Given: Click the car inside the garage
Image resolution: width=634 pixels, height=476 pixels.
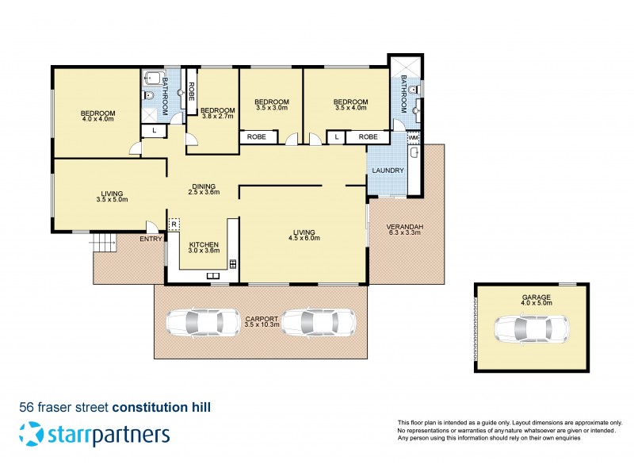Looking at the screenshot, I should point(532,328).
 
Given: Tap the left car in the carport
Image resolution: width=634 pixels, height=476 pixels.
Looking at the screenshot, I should point(203,322).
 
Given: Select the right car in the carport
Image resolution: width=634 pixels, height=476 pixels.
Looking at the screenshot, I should point(319,322).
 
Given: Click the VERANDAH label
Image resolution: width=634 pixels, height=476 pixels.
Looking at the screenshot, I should point(404,226).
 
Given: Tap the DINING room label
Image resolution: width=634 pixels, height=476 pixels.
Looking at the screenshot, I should point(203,186).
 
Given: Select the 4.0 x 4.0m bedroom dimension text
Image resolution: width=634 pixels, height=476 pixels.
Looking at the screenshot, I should point(97,120).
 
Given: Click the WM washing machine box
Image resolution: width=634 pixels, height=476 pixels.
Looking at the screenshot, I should point(413,137).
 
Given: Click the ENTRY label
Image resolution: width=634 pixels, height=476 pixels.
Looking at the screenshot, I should point(150,239).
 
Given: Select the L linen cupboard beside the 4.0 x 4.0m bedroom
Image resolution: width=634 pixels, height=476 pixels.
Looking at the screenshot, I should point(153,130).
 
